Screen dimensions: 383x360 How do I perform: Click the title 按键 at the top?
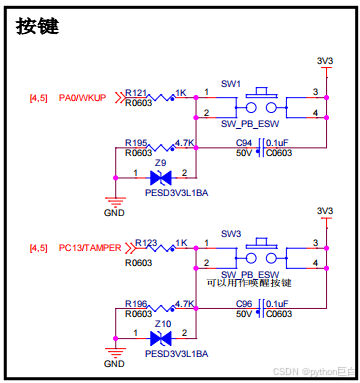38,27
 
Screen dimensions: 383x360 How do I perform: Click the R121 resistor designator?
137,91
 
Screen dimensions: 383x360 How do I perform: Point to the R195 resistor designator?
137,142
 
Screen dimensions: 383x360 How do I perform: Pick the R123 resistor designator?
137,241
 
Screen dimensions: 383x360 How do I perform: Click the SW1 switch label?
232,85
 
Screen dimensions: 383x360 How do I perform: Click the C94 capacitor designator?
243,143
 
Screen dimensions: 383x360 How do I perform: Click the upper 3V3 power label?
323,61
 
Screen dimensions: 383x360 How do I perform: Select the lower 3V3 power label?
323,212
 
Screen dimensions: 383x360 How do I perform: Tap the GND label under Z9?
115,212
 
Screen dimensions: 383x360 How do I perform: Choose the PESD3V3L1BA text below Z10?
176,354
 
